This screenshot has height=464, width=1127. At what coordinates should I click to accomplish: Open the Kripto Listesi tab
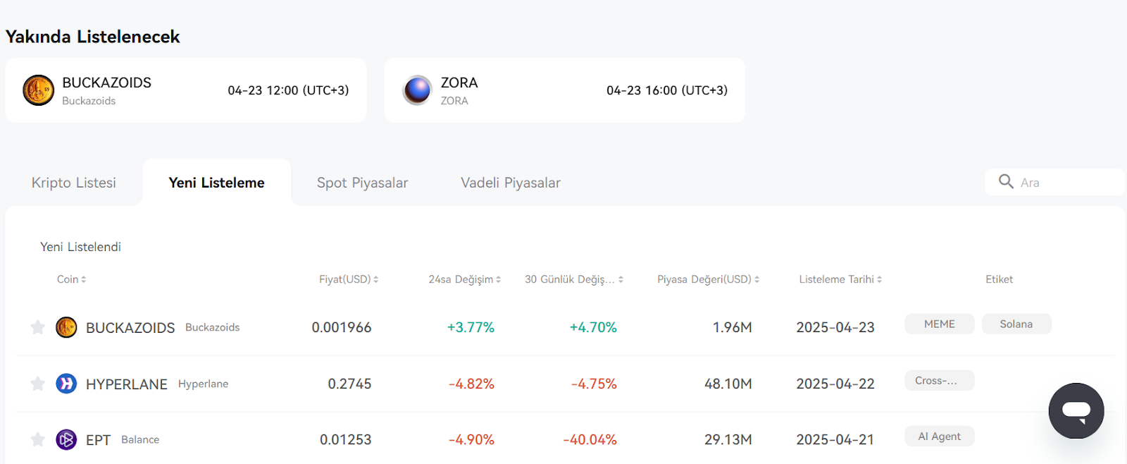coord(73,183)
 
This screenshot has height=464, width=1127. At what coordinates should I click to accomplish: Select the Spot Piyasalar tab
coord(362,183)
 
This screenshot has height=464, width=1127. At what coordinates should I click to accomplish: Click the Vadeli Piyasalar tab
coord(510,183)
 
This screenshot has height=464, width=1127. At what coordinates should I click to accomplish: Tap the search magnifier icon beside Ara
coord(1006,181)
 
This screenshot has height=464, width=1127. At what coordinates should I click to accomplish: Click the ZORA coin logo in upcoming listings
coord(417,90)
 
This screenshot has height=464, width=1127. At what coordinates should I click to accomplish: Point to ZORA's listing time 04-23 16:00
coord(666,90)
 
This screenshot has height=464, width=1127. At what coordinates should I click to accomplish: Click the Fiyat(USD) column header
coord(348,279)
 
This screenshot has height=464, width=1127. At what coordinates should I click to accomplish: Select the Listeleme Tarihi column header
coord(840,279)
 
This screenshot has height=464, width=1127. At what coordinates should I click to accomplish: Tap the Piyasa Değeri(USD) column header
coord(708,279)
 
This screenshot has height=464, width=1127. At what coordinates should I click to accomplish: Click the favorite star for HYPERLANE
coord(38,384)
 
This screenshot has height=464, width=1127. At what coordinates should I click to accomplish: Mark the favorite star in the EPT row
coord(38,440)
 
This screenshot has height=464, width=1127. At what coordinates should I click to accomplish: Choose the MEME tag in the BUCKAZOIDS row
coord(940,324)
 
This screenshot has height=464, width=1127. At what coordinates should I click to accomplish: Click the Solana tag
coord(1016,324)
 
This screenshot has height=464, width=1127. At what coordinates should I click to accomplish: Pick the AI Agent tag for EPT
coord(940,436)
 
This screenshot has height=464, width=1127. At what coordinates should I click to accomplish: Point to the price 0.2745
coord(349,384)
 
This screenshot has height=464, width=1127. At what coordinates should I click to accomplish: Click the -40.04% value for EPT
coord(590,440)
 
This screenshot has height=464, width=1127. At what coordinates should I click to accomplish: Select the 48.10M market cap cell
coord(728,384)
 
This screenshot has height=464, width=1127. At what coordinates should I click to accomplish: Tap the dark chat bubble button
coord(1076,410)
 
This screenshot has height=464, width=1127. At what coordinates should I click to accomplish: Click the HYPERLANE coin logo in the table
coord(66,384)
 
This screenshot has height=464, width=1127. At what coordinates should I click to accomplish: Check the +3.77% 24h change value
coord(471,327)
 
